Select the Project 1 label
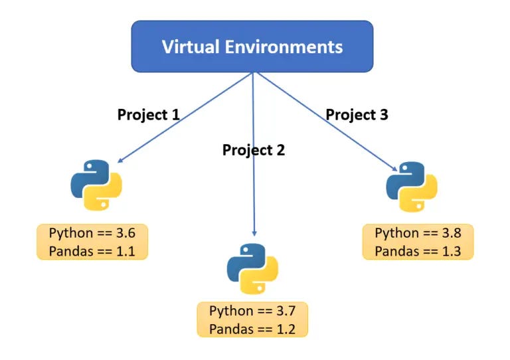point(149,114)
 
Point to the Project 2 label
point(254,149)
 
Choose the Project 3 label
point(357,114)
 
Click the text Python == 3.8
point(418,233)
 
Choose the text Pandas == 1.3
point(418,250)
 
